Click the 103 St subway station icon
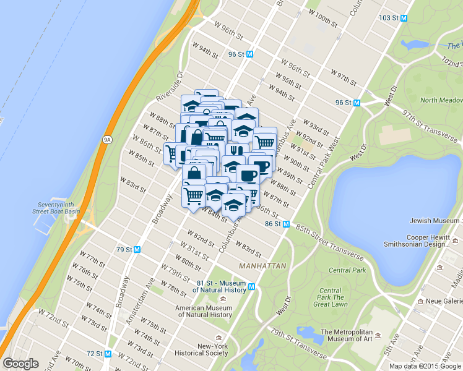tap(404, 18)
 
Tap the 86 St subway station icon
tap(286, 224)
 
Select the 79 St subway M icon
tap(137, 249)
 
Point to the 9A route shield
tap(107, 140)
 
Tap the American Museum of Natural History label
tap(203, 311)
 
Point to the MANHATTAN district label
tap(262, 265)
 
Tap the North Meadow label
tap(441, 100)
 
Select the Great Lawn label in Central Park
tap(330, 297)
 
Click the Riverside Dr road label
tap(170, 89)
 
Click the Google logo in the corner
tap(20, 364)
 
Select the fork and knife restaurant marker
tap(234, 150)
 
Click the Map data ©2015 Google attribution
tap(425, 366)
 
